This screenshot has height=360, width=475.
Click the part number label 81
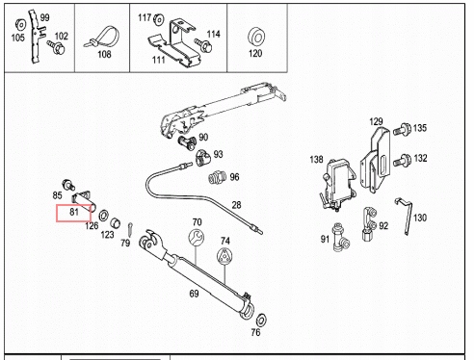pyautogui.click(x=73, y=212)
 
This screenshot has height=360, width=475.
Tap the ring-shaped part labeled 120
pyautogui.click(x=255, y=38)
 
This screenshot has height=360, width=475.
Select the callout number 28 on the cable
pyautogui.click(x=235, y=205)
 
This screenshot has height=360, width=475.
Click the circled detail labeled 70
pyautogui.click(x=197, y=239)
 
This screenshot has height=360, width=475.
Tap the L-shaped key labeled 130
pyautogui.click(x=408, y=208)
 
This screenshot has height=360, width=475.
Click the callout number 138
pyautogui.click(x=316, y=160)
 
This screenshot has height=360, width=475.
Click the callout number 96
pyautogui.click(x=234, y=177)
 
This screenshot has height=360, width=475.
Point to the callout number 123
pyautogui.click(x=108, y=234)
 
